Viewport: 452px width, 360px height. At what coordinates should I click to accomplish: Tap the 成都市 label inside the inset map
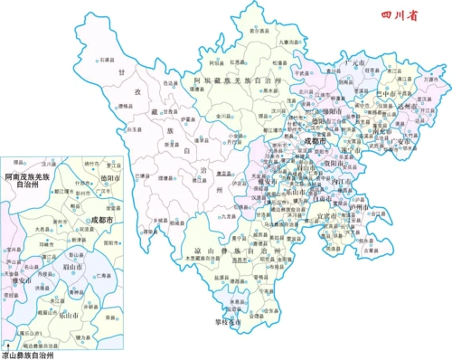[x=106, y=220]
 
